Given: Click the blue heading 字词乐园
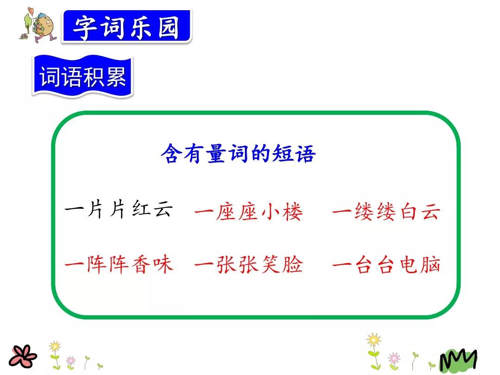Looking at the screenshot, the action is click(126, 27).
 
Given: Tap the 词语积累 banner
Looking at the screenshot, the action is click(82, 76).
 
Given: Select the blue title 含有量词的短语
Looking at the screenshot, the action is click(238, 153).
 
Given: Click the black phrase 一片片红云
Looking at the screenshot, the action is click(119, 210).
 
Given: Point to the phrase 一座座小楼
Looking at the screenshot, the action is click(249, 212).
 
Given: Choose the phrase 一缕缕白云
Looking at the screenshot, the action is click(387, 212).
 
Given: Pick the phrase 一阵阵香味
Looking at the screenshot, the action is click(119, 264).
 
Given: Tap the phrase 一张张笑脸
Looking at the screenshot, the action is click(249, 264).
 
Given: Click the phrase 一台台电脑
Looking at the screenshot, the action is click(387, 264).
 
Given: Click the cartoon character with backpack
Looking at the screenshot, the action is click(42, 25).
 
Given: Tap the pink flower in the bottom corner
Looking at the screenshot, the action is click(22, 356).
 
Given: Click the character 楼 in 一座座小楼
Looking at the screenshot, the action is click(293, 212).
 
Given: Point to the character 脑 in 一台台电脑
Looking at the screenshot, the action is click(431, 264).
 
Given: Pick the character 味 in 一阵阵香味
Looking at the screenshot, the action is click(163, 264).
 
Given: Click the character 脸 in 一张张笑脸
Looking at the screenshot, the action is click(293, 264).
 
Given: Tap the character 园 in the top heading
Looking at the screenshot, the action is click(169, 27).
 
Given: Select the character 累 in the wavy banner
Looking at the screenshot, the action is click(116, 76).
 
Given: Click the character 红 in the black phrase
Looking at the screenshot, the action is click(141, 210).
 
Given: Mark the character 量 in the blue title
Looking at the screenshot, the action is click(217, 153).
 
